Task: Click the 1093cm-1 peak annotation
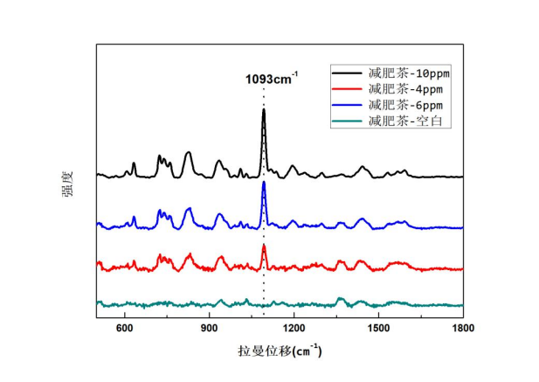coord(272,81)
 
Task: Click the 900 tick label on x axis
coord(210,328)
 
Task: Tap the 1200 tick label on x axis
coord(294,328)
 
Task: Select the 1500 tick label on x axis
coord(379,328)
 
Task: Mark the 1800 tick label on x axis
coord(463,328)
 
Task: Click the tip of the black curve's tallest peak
coord(264,110)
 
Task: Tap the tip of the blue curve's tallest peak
coord(264,182)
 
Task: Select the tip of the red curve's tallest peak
coord(264,247)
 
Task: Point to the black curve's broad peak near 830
coord(189,152)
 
